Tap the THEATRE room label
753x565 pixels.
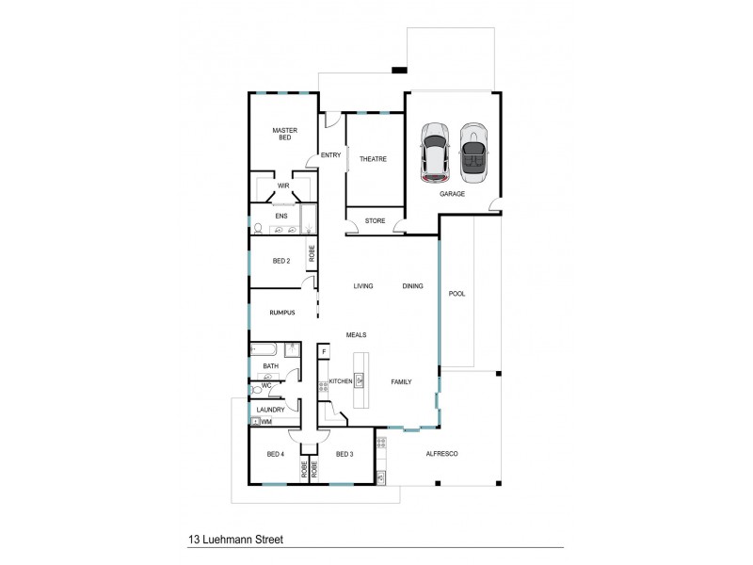tap(374, 159)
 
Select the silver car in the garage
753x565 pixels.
tap(434, 153)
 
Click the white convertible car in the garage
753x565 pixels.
tap(473, 153)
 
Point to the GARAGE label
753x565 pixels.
tap(452, 194)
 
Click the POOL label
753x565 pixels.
tap(457, 293)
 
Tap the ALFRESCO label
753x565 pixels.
tap(441, 454)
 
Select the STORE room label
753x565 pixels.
tap(375, 221)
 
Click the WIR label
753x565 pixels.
tap(282, 186)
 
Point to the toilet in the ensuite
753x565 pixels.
tap(258, 228)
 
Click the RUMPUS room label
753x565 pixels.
tap(283, 314)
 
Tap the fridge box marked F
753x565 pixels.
tap(324, 351)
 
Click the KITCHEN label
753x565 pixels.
tap(340, 381)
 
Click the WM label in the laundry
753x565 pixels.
tap(266, 422)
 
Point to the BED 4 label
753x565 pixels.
tap(276, 454)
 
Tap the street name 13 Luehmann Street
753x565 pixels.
tap(236, 541)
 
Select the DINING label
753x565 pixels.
tap(412, 286)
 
